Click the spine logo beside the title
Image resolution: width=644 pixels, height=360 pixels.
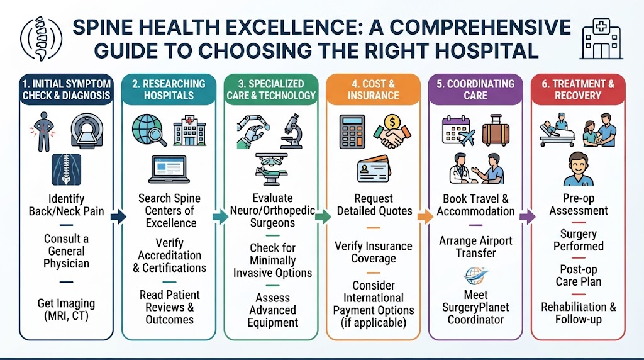point(41,38)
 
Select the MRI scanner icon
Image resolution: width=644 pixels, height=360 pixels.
point(87,130)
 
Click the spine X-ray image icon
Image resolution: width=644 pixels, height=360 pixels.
point(66,170)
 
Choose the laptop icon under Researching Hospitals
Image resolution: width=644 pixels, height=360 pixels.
point(169,169)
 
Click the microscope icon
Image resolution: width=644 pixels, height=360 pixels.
point(292,131)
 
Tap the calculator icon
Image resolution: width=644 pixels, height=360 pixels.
point(352,132)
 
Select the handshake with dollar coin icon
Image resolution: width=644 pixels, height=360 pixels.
point(392,131)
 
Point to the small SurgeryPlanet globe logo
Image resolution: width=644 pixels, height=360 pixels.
point(475,276)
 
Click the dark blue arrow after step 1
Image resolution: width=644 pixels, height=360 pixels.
point(119,217)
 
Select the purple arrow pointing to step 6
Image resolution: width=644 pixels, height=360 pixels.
point(528,217)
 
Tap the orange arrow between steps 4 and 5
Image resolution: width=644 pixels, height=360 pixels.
point(426,217)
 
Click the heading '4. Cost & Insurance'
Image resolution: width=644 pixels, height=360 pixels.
point(374,89)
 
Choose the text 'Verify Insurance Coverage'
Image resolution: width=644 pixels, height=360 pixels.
point(374,252)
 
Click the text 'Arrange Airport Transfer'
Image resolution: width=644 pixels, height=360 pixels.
point(475,247)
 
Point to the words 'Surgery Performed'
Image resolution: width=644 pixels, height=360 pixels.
point(579,240)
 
